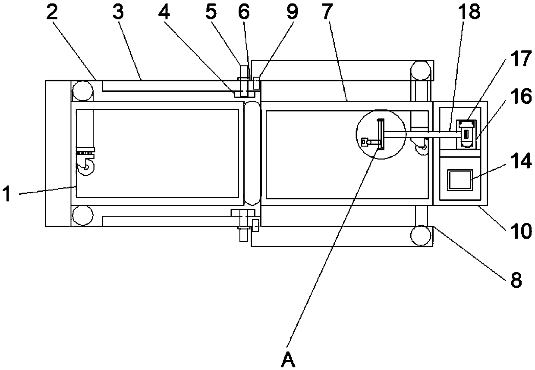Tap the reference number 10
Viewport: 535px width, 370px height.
pyautogui.click(x=520, y=231)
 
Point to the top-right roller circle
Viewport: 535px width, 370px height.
pyautogui.click(x=421, y=70)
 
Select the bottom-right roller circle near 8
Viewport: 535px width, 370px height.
pyautogui.click(x=421, y=235)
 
